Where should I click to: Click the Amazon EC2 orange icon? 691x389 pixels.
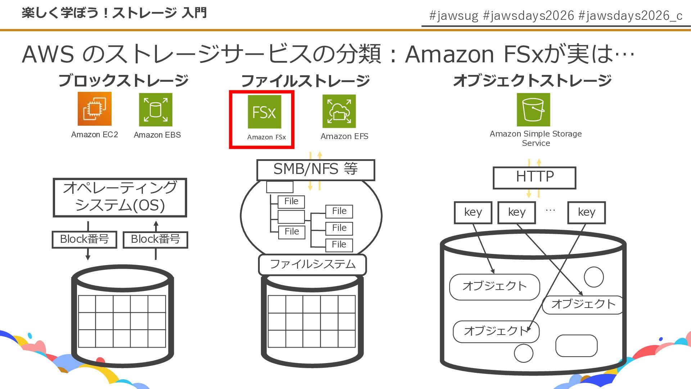coord(94,109)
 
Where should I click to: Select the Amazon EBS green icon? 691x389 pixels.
coord(155,109)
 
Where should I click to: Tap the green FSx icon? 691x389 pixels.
coord(264,112)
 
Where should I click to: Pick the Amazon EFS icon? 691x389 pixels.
coord(339,111)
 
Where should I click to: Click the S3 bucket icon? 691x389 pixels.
coord(533,109)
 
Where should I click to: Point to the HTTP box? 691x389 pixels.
coord(534,177)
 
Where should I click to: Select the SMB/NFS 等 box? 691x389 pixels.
coord(315,170)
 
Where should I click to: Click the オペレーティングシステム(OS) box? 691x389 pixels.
coord(120,197)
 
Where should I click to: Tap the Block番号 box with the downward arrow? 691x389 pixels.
coord(84,240)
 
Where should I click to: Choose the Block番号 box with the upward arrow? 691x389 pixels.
coord(155,240)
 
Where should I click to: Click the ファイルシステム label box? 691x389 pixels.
coord(312,264)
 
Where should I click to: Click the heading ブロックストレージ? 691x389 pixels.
coord(123,80)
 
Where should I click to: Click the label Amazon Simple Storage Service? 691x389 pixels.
coord(536,138)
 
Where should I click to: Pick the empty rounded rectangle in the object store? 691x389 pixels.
coord(576,346)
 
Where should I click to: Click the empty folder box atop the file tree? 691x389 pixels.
coord(280,187)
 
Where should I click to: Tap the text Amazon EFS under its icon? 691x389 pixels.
coord(344,137)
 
